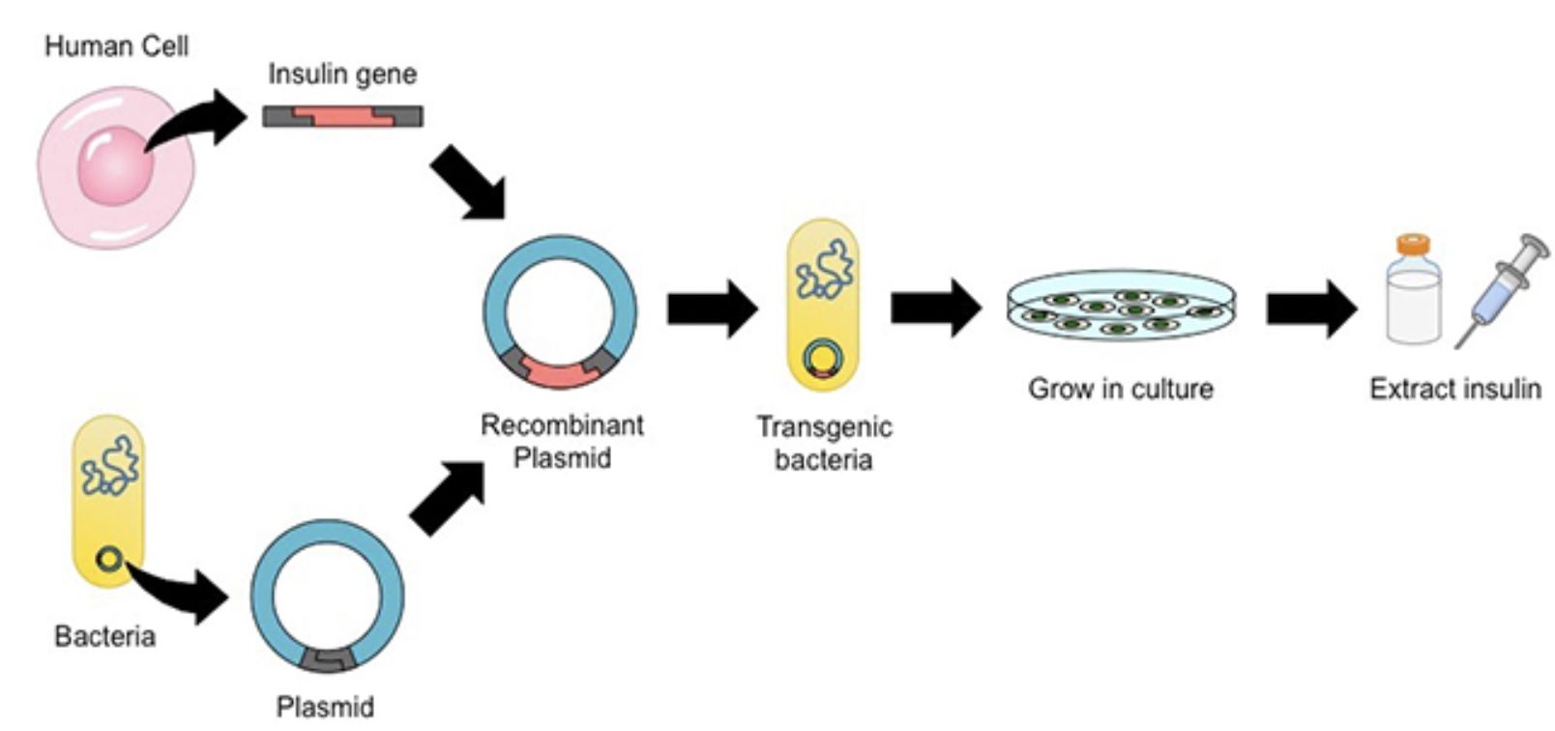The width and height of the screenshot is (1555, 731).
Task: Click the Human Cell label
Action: pyautogui.click(x=116, y=46)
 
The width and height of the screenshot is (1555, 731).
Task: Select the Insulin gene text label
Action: pyautogui.click(x=342, y=74)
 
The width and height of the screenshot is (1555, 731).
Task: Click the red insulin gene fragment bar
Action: pyautogui.click(x=342, y=117)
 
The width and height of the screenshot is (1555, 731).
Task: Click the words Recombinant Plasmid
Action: pyautogui.click(x=562, y=441)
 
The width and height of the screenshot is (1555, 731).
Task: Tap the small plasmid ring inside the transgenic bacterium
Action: pyautogui.click(x=823, y=359)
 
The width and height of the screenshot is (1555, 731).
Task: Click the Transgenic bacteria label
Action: pyautogui.click(x=824, y=443)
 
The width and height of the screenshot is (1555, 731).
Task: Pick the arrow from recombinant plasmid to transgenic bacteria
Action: pyautogui.click(x=712, y=309)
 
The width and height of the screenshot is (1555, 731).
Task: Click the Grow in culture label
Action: pyautogui.click(x=1120, y=389)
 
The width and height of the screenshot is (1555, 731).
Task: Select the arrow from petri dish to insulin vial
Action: pyautogui.click(x=1311, y=309)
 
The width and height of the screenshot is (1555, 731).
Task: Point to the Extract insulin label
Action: pyautogui.click(x=1454, y=389)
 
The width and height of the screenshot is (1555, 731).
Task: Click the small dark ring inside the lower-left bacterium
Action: pyautogui.click(x=109, y=559)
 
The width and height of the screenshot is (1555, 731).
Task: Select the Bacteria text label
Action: pyautogui.click(x=104, y=636)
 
